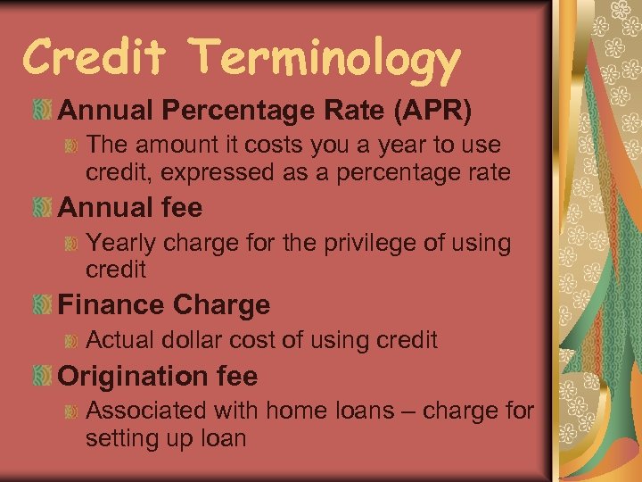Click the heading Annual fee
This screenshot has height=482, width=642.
[x=130, y=208]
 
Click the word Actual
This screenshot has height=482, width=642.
[x=119, y=339]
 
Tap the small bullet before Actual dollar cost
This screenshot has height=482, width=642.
[x=75, y=339]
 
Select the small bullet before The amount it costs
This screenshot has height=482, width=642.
[x=75, y=145]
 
